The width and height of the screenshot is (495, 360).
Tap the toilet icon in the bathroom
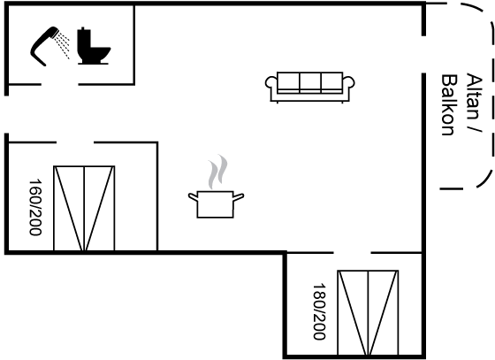(x=94, y=46)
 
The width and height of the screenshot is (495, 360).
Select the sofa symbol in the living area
(x=309, y=88)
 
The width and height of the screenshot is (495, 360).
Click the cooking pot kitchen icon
(x=216, y=204)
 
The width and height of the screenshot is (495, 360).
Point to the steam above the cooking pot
(x=217, y=172)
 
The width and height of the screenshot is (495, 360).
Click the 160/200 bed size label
(x=35, y=207)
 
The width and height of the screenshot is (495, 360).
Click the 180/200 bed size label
(x=319, y=311)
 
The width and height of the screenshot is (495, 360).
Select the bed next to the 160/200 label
(x=84, y=209)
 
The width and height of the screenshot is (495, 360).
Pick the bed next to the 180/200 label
(x=368, y=312)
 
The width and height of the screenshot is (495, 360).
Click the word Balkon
(x=449, y=105)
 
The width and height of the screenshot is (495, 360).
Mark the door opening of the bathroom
(x=60, y=84)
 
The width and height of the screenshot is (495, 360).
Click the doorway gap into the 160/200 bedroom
(x=75, y=142)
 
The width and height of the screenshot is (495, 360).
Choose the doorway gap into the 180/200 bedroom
(x=352, y=253)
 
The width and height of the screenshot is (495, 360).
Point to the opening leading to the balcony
(x=423, y=55)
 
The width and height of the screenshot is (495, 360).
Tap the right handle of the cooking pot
(x=239, y=197)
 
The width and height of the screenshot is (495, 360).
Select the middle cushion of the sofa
(x=310, y=83)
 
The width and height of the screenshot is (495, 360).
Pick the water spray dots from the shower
(x=62, y=46)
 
